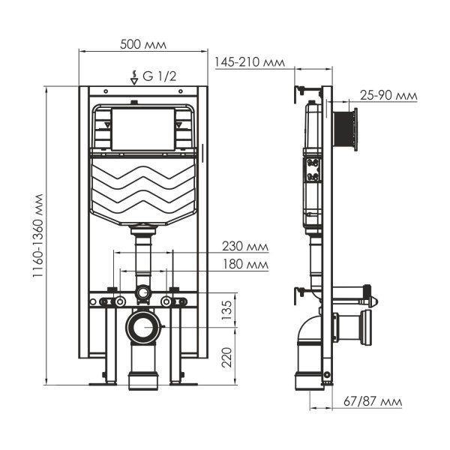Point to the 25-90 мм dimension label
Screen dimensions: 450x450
[x=388, y=95]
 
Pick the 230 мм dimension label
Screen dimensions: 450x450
[x=244, y=245]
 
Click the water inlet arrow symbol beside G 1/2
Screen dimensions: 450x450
[x=133, y=76]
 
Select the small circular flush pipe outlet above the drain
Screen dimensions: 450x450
[x=142, y=292]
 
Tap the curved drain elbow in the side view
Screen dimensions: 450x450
[x=308, y=337]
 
